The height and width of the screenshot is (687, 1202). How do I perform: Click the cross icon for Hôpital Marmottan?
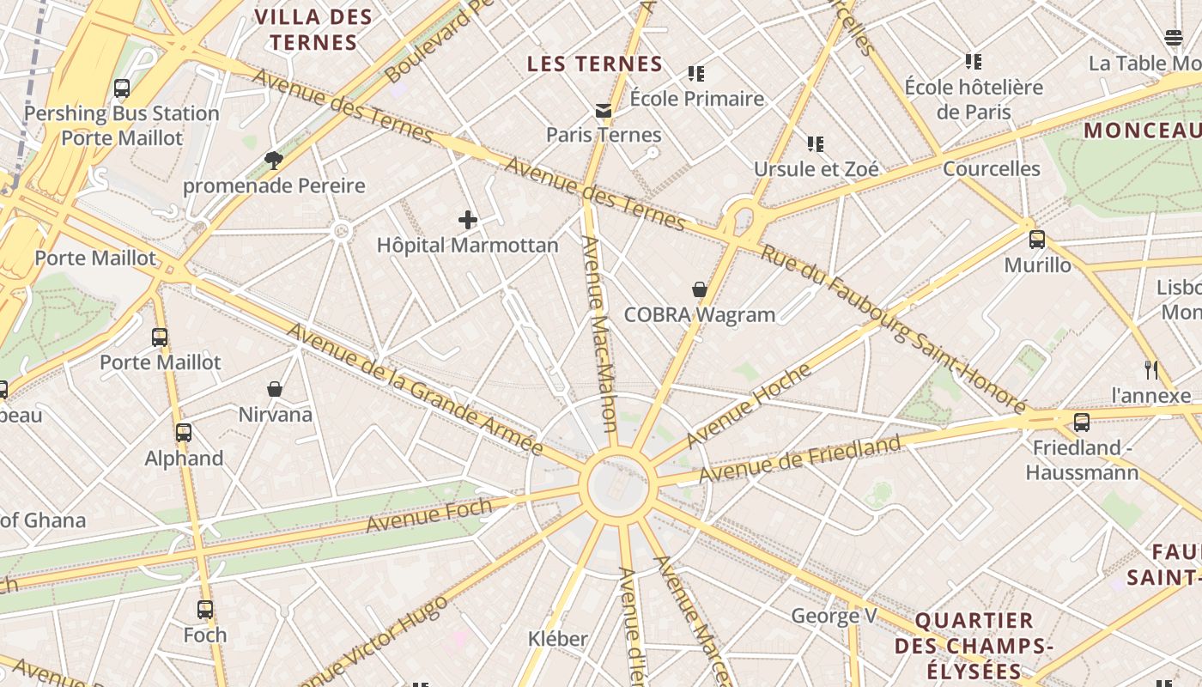coord(468,221)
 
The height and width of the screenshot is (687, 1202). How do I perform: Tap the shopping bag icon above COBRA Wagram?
coord(700,290)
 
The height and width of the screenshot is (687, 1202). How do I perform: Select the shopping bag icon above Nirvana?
coord(275,390)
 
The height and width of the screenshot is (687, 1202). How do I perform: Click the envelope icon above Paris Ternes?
coord(604,111)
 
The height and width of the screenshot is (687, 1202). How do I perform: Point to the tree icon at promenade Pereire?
coord(274,160)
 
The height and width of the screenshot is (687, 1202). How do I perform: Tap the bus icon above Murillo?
coord(1037,240)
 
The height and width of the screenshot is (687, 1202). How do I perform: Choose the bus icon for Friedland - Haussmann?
coord(1082,423)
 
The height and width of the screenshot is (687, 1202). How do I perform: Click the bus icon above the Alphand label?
coord(183,433)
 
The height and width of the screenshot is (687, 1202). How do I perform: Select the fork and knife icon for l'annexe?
coord(1151,370)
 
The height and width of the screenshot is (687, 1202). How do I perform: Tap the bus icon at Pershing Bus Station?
coord(122,88)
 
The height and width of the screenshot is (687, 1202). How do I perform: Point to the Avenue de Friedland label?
coord(799,459)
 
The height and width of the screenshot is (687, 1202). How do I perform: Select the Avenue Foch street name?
coord(428,514)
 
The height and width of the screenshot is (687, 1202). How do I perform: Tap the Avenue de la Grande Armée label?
coord(415,389)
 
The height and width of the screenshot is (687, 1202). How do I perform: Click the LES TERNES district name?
coord(595,64)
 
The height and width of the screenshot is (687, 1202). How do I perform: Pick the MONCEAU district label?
coord(1142,131)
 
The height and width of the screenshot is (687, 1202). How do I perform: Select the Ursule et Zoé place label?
coord(817,169)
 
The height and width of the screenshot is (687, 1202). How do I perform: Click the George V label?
coord(834,616)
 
